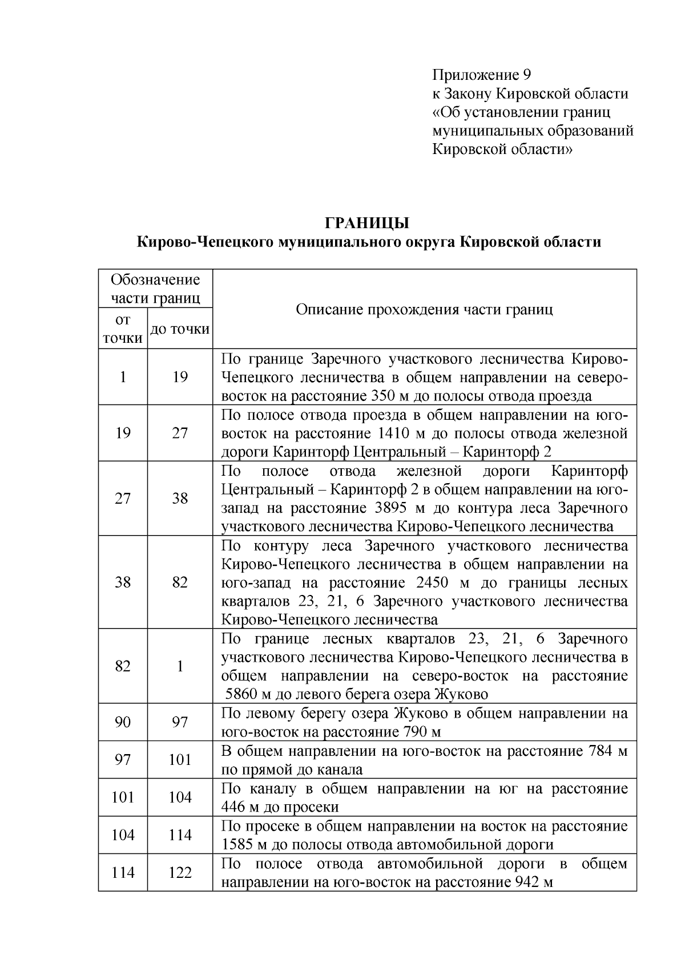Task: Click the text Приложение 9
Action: point(482,75)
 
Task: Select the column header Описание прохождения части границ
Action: point(424,310)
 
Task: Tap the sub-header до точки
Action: point(180,329)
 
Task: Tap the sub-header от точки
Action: point(123,329)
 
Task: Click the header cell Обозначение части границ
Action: point(155,289)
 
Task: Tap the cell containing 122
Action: point(180,873)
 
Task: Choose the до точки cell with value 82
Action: point(180,582)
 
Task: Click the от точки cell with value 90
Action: point(123,723)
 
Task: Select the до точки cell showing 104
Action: point(180,797)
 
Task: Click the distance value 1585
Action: point(239,845)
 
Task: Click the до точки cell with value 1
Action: point(180,666)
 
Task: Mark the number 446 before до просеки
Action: point(233,807)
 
